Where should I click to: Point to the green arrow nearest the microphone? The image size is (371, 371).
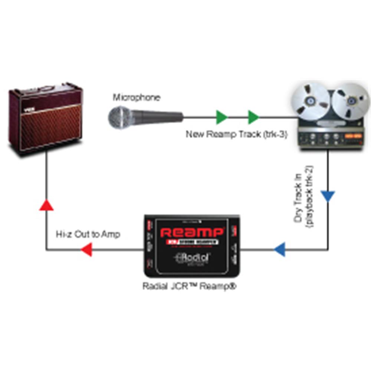pos(222,117)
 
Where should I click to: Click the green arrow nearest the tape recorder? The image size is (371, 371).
pos(253,117)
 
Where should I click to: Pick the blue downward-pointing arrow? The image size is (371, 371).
pos(328,196)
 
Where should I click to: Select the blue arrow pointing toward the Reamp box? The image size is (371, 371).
pos(280,249)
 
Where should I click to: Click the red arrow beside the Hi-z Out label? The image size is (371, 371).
pos(86,249)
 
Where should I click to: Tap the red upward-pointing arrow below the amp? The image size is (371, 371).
pos(47,204)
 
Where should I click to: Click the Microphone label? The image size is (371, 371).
pos(137,98)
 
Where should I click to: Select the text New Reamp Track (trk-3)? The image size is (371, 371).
pos(236,134)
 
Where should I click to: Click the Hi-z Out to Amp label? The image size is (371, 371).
pos(88,234)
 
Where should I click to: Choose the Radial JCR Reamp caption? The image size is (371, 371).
pos(190,287)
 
